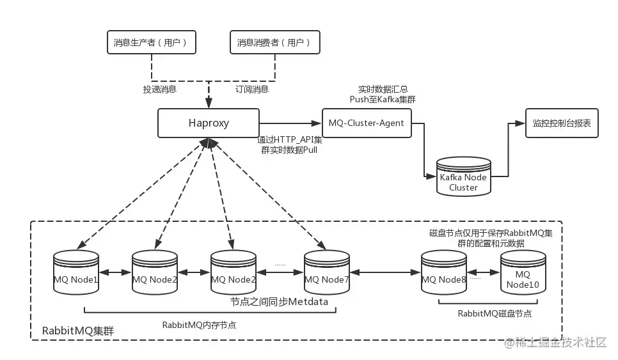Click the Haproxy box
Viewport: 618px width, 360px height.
coord(209,123)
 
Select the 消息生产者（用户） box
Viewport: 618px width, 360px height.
coord(152,42)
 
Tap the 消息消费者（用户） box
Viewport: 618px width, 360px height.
coord(275,42)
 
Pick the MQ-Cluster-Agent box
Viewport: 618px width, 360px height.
coord(367,123)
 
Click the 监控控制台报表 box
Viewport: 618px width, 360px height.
coord(562,123)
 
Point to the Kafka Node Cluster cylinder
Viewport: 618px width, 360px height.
coord(463,176)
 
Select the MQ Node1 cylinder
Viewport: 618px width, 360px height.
coord(76,272)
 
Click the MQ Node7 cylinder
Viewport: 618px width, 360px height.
coord(327,272)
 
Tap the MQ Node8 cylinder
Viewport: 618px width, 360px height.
coord(444,272)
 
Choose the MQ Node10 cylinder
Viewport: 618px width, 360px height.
coord(523,272)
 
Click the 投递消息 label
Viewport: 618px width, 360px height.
coord(160,90)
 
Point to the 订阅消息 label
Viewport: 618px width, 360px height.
coord(252,90)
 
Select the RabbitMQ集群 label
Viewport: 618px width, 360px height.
coord(78,331)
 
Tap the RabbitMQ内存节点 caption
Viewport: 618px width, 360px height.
coord(199,325)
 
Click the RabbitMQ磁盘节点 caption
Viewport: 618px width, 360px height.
coord(495,313)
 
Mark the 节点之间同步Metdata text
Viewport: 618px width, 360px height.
coord(279,302)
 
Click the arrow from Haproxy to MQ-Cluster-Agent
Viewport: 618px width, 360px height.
coord(290,123)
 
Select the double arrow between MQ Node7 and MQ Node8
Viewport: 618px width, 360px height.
coord(386,272)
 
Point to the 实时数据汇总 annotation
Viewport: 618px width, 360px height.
coord(383,90)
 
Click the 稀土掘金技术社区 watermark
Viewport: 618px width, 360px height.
coord(556,343)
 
